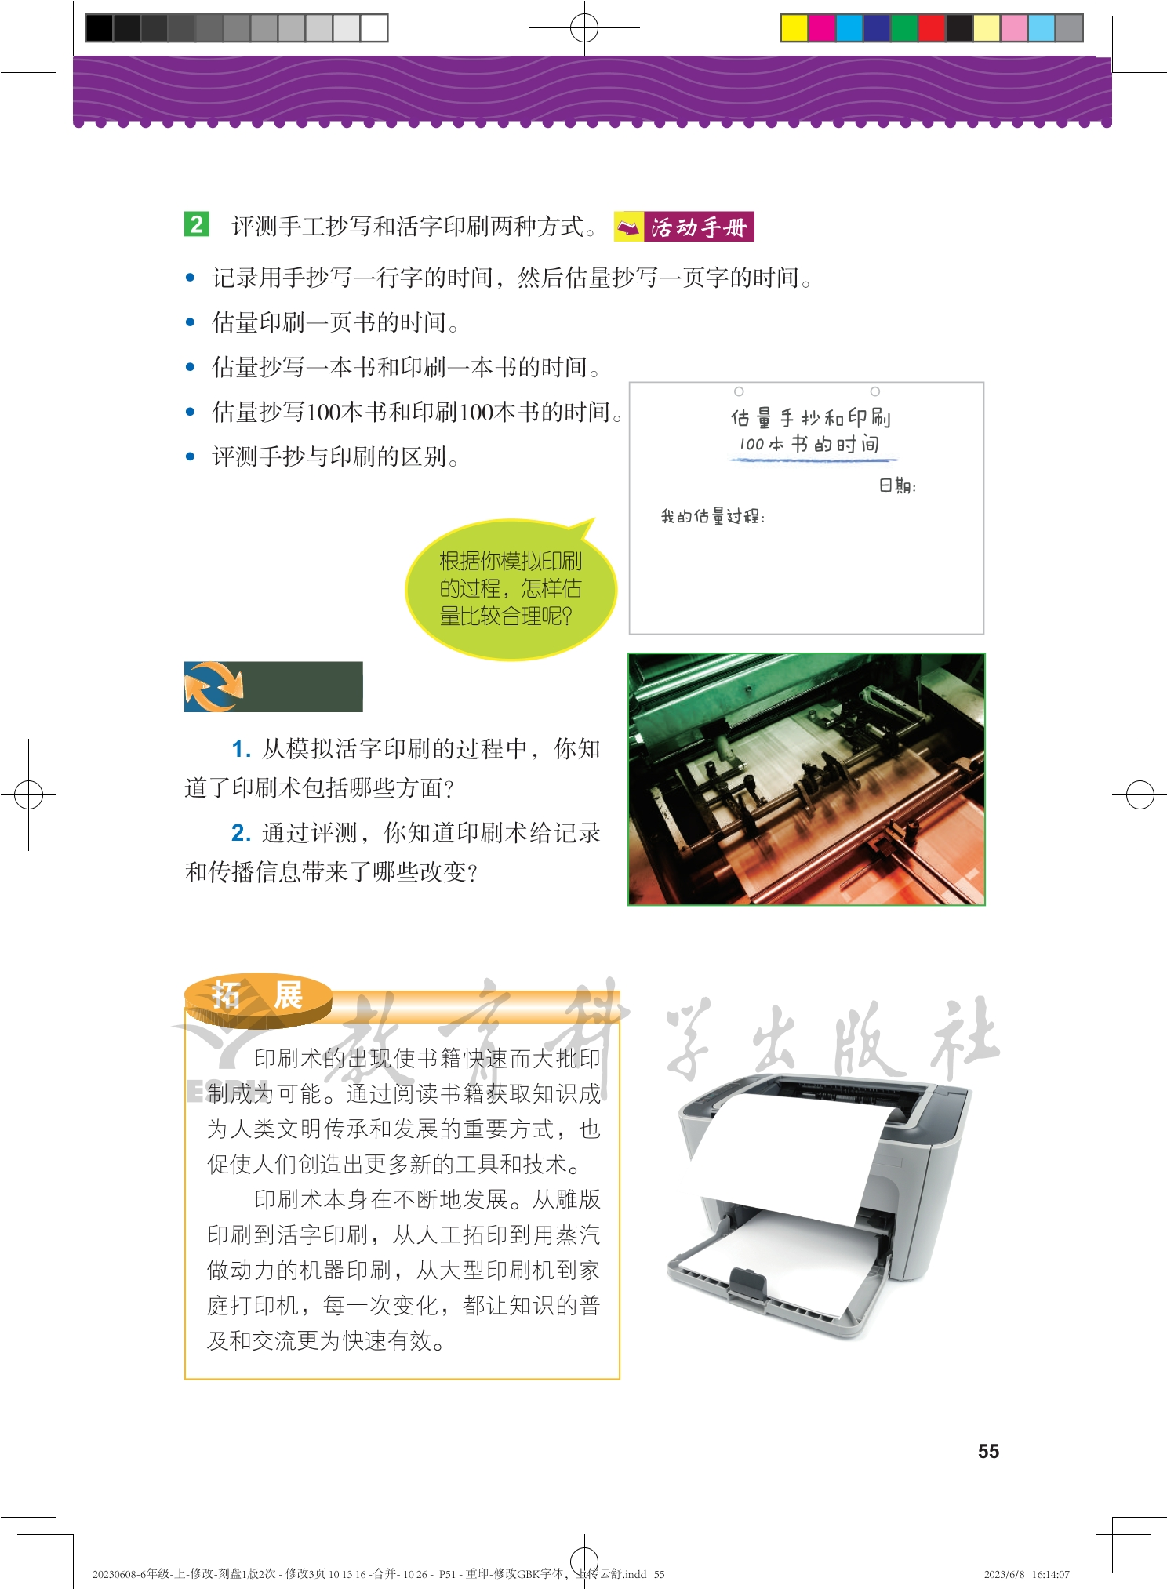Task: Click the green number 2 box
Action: point(197,224)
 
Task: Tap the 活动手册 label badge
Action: point(684,227)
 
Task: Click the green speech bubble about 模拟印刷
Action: point(511,588)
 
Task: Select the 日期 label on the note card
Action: point(897,486)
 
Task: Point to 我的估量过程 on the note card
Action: point(712,516)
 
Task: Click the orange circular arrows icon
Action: point(213,686)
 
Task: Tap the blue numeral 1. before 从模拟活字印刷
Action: point(241,750)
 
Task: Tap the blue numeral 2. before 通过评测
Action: point(241,833)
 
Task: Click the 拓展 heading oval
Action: point(258,999)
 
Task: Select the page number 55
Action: point(988,1451)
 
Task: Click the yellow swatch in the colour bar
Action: point(794,27)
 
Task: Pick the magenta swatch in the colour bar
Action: point(821,27)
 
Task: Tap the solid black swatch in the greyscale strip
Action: point(99,27)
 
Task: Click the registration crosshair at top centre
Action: point(584,28)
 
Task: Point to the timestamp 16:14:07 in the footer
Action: point(1051,1574)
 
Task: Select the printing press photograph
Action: point(806,779)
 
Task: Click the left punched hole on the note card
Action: point(739,391)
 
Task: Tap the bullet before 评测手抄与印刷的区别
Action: point(190,456)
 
